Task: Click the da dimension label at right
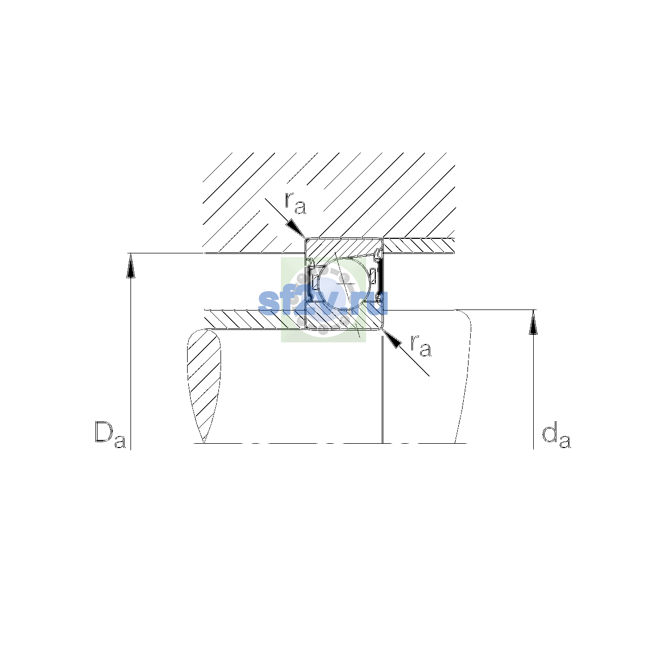pyautogui.click(x=556, y=437)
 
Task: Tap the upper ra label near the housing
pyautogui.click(x=295, y=203)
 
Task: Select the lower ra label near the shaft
pyautogui.click(x=421, y=346)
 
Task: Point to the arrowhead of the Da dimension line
pyautogui.click(x=130, y=266)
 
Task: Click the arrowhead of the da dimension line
pyautogui.click(x=533, y=322)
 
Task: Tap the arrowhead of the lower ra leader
pyautogui.click(x=392, y=339)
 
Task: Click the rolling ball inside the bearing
pyautogui.click(x=343, y=283)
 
